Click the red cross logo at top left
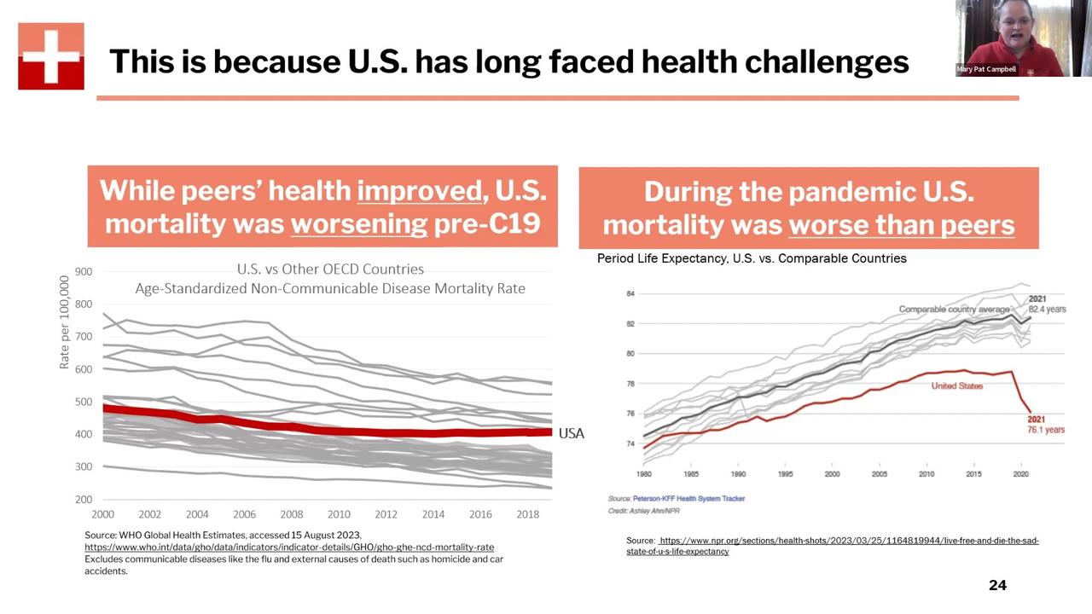[51, 56]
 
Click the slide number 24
[997, 585]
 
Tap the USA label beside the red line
[571, 433]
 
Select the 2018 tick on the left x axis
[528, 514]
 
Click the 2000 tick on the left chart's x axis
[102, 514]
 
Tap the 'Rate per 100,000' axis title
[65, 322]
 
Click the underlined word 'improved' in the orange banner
[420, 190]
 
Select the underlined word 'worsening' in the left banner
[359, 223]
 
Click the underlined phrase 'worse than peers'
[901, 224]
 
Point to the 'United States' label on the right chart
[956, 385]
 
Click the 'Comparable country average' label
[954, 309]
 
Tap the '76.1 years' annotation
[1045, 430]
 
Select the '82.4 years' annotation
[1047, 310]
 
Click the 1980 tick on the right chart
[643, 473]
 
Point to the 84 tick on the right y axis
[630, 293]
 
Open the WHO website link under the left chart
[289, 547]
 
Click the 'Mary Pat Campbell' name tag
[987, 69]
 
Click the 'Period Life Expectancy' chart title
[752, 258]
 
